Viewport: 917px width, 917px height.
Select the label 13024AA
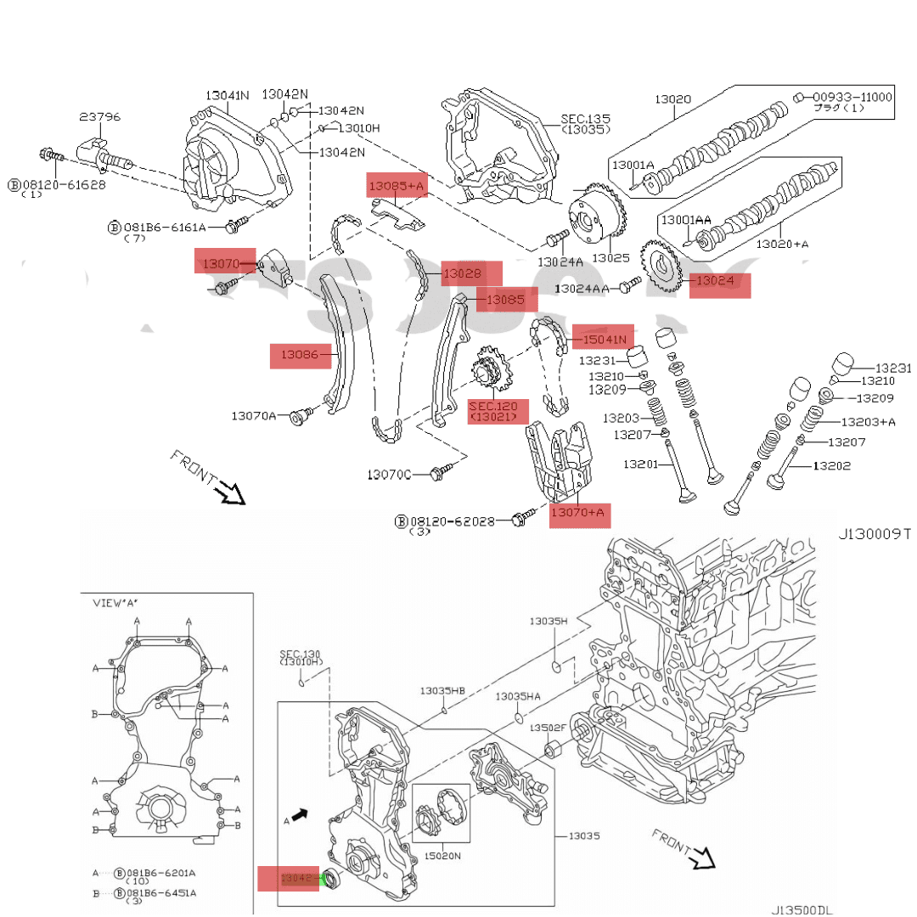[582, 289]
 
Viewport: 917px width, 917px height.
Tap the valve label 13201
[642, 464]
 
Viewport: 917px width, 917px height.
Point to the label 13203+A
[868, 421]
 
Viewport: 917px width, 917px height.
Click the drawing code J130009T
[875, 535]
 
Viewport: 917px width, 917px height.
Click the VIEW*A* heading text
[115, 603]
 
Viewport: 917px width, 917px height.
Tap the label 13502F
[548, 728]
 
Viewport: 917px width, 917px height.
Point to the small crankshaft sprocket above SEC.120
[487, 372]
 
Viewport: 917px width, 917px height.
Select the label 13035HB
[442, 691]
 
